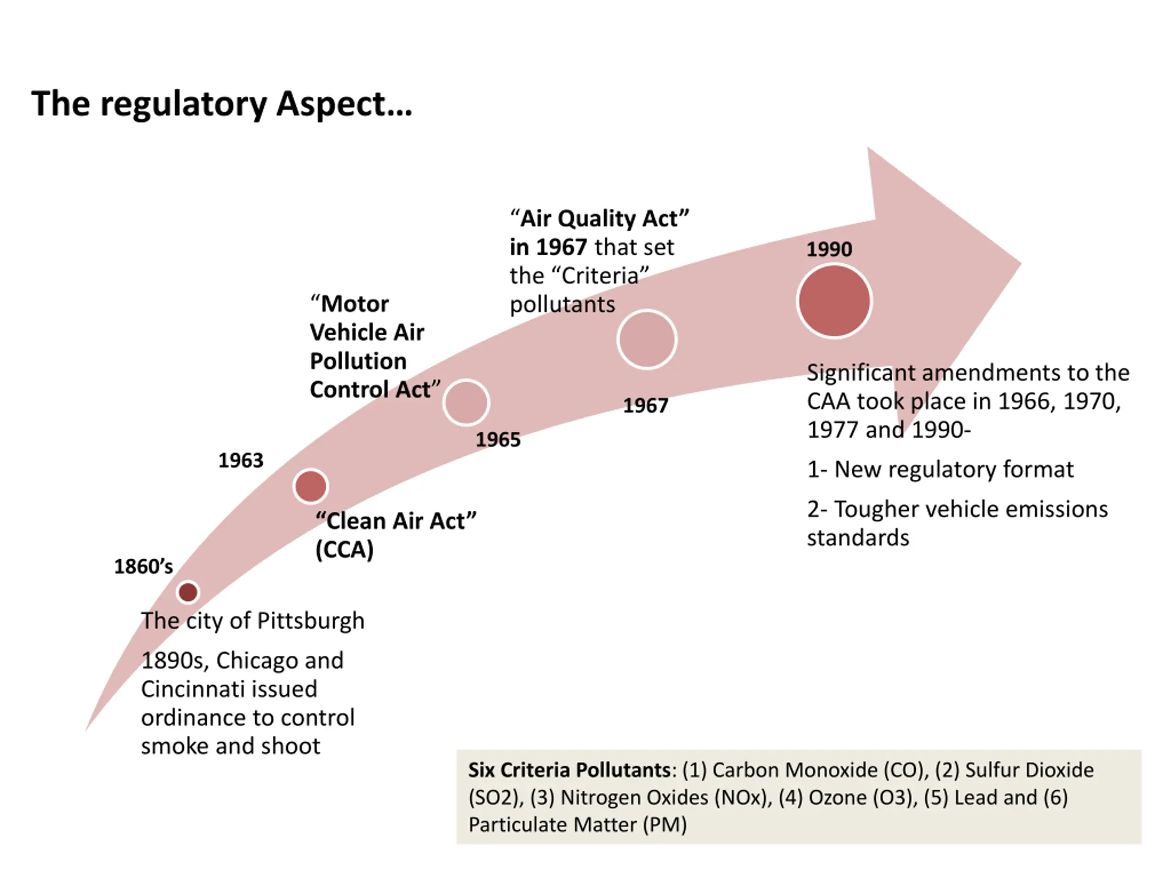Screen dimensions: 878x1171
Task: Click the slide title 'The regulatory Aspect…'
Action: click(221, 104)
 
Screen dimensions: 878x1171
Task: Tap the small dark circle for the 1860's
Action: click(188, 592)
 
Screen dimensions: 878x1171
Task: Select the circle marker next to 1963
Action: click(311, 486)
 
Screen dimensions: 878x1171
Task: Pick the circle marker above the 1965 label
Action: click(466, 403)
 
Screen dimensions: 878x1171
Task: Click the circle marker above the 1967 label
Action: click(646, 339)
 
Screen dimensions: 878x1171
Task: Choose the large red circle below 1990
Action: click(834, 300)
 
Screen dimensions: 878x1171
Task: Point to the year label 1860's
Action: click(144, 567)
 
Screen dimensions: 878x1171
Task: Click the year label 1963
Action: click(241, 460)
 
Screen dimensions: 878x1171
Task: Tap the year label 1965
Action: click(498, 440)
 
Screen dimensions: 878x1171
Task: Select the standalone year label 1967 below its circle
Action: click(645, 406)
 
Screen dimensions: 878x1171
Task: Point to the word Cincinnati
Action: click(229, 689)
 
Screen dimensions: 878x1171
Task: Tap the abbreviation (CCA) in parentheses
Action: click(344, 549)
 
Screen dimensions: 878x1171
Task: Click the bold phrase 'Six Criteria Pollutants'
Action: click(569, 770)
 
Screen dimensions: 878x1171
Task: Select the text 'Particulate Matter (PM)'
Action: click(578, 824)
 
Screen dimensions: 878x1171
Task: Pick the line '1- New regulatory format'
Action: click(940, 470)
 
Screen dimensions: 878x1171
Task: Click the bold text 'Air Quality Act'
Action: click(599, 219)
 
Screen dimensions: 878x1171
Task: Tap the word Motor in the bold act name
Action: click(355, 304)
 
